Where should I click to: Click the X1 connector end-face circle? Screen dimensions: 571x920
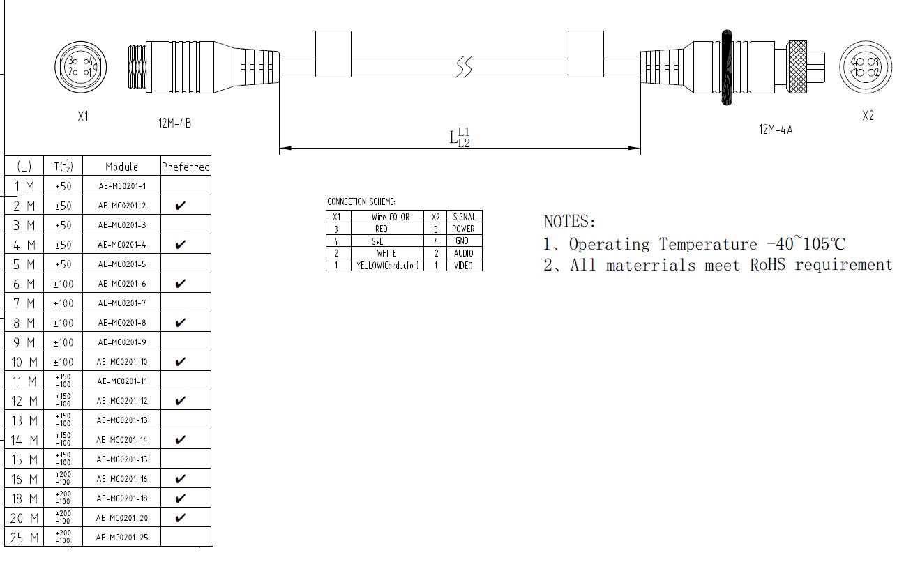[x=80, y=66]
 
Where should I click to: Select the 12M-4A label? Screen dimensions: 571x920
[x=775, y=129]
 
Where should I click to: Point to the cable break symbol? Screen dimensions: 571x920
[x=465, y=67]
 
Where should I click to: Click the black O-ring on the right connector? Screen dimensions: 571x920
[x=727, y=68]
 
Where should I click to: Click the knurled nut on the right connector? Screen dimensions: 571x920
[x=797, y=67]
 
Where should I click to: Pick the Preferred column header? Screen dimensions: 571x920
[x=186, y=167]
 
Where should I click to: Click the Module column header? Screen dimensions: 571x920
[x=121, y=167]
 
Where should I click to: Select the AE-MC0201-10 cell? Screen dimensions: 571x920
[x=121, y=362]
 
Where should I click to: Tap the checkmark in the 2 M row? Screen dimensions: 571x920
[x=181, y=206]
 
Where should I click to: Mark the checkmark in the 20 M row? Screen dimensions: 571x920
[x=181, y=518]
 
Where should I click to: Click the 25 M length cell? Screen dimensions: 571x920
[x=24, y=538]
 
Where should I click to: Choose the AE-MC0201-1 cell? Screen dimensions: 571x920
[x=121, y=186]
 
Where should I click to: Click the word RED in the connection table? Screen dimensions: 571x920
[x=381, y=229]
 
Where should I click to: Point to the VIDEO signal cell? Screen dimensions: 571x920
[x=463, y=266]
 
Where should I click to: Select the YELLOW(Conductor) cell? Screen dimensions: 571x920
[x=387, y=266]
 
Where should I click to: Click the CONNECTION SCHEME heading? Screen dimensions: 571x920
[x=361, y=202]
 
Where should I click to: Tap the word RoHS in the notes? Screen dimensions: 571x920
[x=769, y=265]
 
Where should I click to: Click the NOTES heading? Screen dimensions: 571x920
[x=570, y=222]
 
